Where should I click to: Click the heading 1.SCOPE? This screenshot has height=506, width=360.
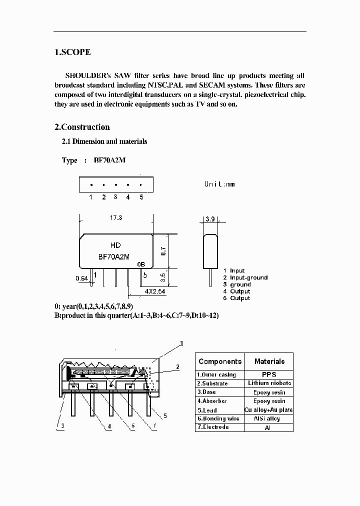(72, 52)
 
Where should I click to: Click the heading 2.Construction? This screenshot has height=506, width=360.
(82, 127)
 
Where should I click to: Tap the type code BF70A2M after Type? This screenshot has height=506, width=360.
(109, 160)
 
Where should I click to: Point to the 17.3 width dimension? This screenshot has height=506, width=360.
(115, 218)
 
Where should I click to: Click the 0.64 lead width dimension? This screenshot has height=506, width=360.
(81, 278)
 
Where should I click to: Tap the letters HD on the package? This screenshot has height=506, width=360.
(115, 245)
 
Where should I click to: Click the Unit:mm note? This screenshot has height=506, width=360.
(219, 184)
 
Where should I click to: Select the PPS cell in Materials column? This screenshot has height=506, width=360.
(269, 374)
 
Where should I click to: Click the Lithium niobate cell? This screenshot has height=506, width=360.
(269, 383)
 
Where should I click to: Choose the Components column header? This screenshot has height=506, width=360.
(219, 361)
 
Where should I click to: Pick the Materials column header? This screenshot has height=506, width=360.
(269, 361)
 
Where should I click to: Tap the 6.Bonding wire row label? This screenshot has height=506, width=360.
(217, 418)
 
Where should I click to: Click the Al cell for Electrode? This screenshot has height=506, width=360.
(269, 428)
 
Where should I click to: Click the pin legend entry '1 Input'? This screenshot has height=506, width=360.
(234, 270)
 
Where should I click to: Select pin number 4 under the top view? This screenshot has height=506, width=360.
(128, 197)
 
